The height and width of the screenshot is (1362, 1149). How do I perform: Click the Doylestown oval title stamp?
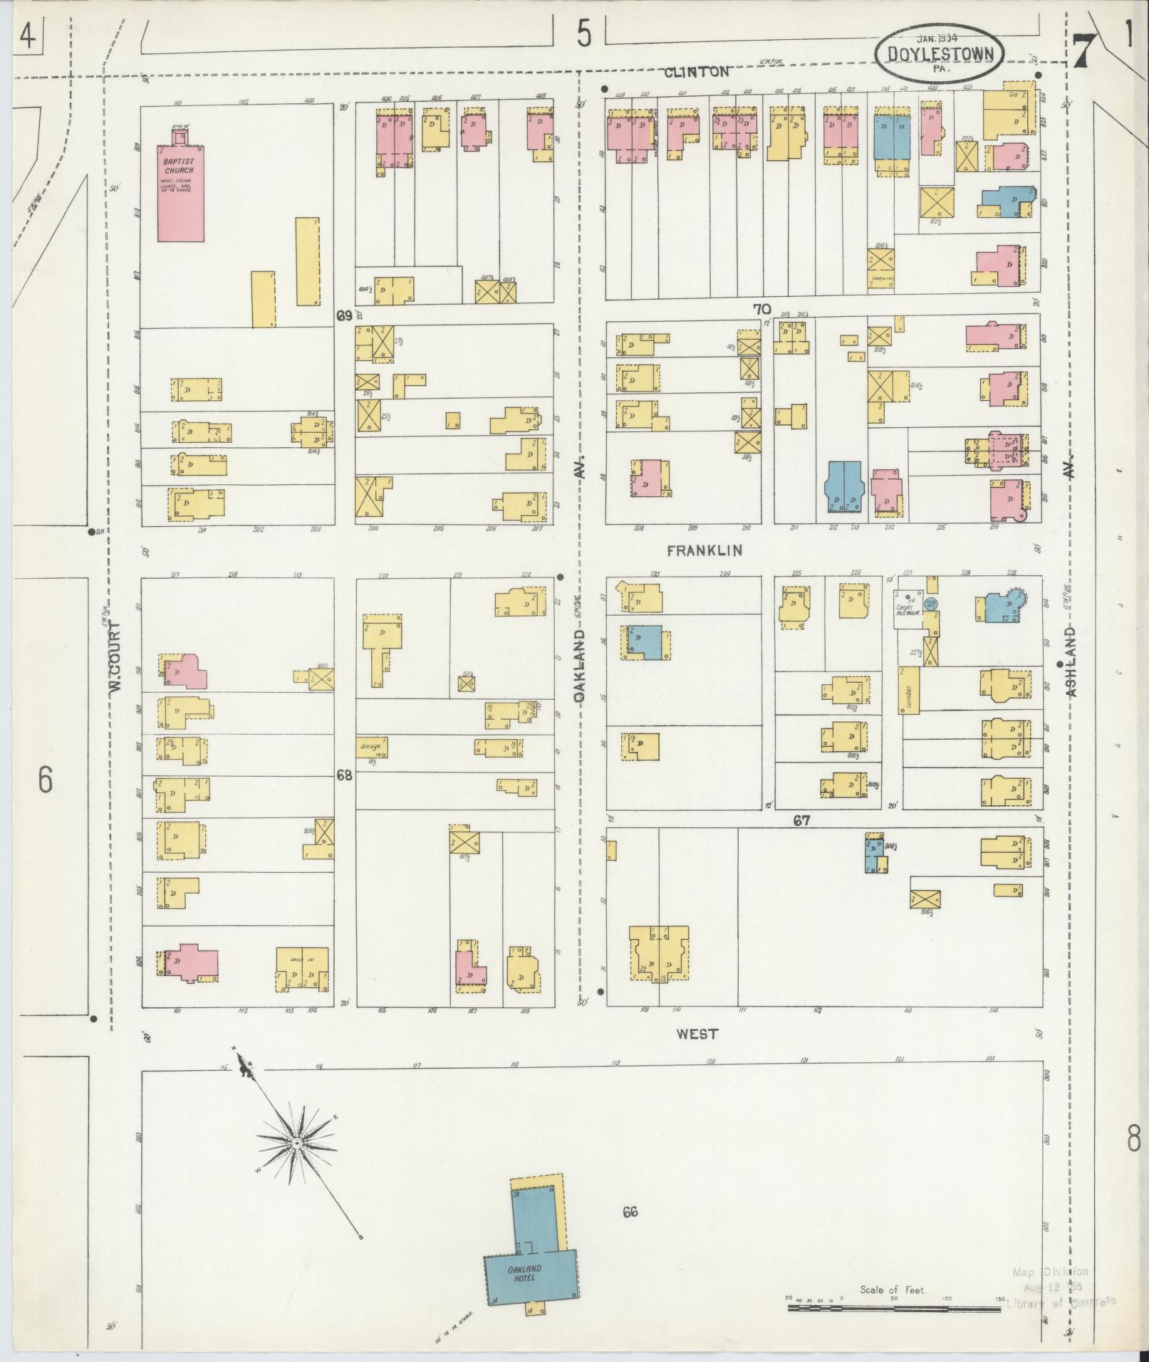(939, 53)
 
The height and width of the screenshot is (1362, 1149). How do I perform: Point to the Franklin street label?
(705, 550)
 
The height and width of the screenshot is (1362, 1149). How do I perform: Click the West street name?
(697, 1034)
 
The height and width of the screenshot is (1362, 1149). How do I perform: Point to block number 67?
(802, 821)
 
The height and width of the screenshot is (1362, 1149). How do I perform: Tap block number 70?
(761, 309)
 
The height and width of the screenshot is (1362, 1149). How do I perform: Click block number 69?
(344, 315)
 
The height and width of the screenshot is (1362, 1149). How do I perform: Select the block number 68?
(344, 775)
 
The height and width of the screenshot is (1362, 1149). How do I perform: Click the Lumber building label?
(909, 688)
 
